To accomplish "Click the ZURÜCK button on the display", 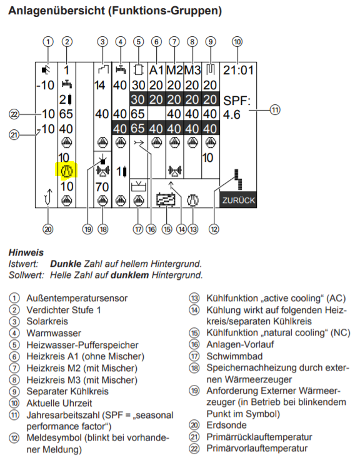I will pos(239,201).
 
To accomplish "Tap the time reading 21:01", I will pos(239,70).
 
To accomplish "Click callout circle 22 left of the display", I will pos(14,114).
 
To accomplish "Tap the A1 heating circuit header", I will pos(156,70).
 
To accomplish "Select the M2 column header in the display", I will pos(174,70).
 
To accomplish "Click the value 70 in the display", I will pos(102,186).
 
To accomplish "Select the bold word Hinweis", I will pos(26,253).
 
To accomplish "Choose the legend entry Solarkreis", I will pos(47,321).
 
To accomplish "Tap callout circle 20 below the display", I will pos(47,227).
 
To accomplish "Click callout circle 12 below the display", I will pos(214,229).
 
